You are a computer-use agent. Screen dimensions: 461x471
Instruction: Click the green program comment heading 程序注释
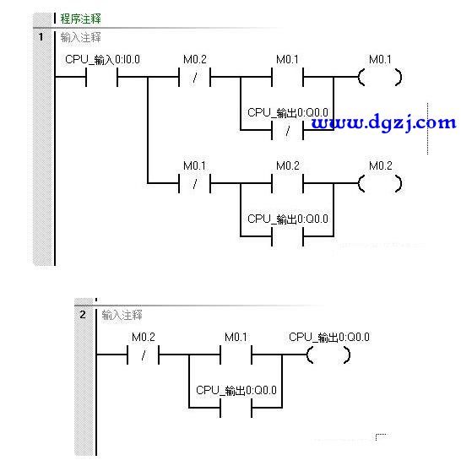pyautogui.click(x=80, y=19)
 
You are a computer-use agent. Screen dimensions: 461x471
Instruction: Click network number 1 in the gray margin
pyautogui.click(x=41, y=37)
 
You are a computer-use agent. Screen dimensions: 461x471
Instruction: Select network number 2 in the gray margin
pyautogui.click(x=83, y=315)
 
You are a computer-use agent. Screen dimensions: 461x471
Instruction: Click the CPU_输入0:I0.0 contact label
pyautogui.click(x=102, y=59)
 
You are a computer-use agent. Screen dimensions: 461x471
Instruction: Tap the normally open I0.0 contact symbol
pyautogui.click(x=101, y=77)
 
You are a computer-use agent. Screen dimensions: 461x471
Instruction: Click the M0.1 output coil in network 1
pyautogui.click(x=380, y=77)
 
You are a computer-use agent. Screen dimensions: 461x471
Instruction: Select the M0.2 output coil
pyautogui.click(x=380, y=183)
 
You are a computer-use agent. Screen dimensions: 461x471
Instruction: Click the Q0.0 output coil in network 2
pyautogui.click(x=328, y=355)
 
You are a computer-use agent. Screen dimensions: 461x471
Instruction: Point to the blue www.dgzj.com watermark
pyautogui.click(x=383, y=122)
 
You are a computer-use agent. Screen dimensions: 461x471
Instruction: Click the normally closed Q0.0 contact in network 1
pyautogui.click(x=288, y=130)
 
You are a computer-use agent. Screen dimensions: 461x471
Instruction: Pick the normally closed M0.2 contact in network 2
pyautogui.click(x=143, y=355)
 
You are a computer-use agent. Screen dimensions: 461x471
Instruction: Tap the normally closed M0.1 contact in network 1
pyautogui.click(x=194, y=183)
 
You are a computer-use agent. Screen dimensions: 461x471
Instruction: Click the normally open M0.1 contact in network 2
pyautogui.click(x=236, y=355)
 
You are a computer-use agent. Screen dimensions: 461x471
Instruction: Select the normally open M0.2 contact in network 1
pyautogui.click(x=288, y=183)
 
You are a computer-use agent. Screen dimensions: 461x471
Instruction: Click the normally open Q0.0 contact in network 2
pyautogui.click(x=236, y=408)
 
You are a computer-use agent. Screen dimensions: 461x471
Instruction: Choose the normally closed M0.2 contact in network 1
pyautogui.click(x=194, y=77)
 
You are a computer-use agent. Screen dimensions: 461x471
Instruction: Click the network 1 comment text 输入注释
pyautogui.click(x=80, y=37)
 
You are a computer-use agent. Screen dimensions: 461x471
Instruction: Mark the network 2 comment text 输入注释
pyautogui.click(x=122, y=315)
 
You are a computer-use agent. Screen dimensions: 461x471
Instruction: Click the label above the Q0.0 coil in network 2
pyautogui.click(x=329, y=337)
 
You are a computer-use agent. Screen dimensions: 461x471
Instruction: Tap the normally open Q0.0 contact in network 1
pyautogui.click(x=288, y=236)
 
